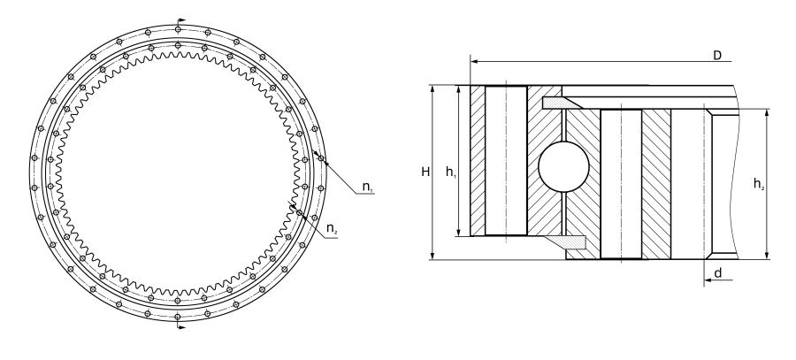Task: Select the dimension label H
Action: click(x=425, y=172)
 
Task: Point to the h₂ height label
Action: click(x=759, y=184)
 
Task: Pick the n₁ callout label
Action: click(x=367, y=189)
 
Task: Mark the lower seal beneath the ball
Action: click(x=565, y=241)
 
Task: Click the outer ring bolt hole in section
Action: click(x=506, y=161)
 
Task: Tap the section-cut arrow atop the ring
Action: click(x=182, y=19)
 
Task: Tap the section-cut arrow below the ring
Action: click(x=182, y=328)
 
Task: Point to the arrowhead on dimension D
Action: click(x=475, y=62)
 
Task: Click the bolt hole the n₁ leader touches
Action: click(x=322, y=160)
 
